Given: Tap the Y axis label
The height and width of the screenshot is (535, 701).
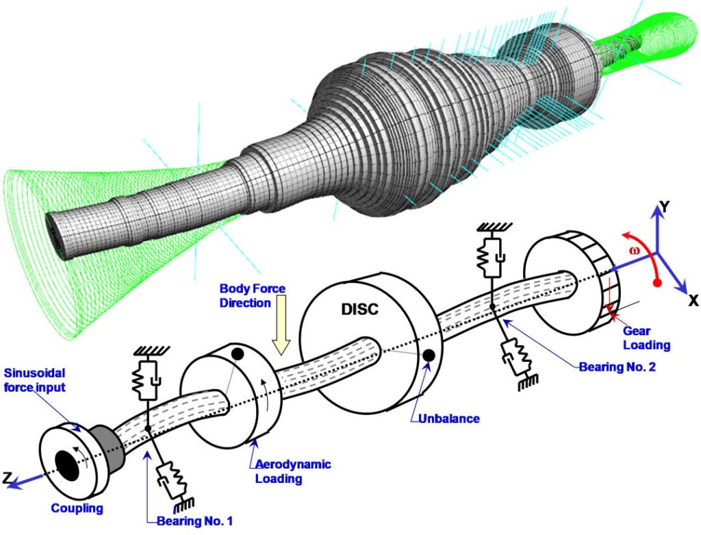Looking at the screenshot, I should (661, 206).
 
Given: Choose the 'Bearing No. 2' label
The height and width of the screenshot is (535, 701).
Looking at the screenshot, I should (617, 367).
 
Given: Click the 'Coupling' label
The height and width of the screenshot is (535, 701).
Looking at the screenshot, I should (78, 508).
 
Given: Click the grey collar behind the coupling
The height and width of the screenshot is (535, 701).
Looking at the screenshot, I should (110, 443).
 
